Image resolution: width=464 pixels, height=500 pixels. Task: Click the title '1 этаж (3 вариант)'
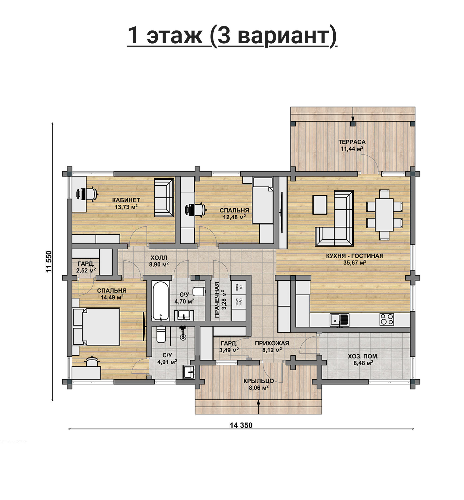pos(232,36)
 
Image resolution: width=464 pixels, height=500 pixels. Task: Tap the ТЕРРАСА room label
pos(352,142)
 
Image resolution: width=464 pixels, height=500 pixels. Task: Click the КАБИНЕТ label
pos(126,200)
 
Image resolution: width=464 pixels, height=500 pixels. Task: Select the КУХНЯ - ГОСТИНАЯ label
pos(355,256)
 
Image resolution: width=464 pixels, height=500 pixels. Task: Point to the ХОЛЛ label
pos(159,257)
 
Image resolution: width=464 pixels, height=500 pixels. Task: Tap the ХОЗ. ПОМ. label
pos(363,356)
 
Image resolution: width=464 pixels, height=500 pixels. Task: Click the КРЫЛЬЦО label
pos(259,381)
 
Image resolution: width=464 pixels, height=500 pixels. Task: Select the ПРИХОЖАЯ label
pos(272,343)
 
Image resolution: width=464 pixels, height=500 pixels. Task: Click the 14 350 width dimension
pos(241,425)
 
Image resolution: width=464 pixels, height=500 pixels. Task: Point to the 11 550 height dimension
pos(49,262)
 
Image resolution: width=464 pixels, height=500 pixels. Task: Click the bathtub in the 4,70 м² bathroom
pos(160,301)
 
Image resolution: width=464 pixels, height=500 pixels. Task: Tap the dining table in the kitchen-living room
pos(384,215)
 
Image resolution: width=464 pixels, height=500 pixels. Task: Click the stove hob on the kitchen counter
pos(387,320)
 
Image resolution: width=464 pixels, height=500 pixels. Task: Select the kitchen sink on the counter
pos(340,320)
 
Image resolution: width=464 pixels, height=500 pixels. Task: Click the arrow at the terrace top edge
pos(353,114)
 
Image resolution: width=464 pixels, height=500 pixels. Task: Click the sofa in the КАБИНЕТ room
pos(164,198)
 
